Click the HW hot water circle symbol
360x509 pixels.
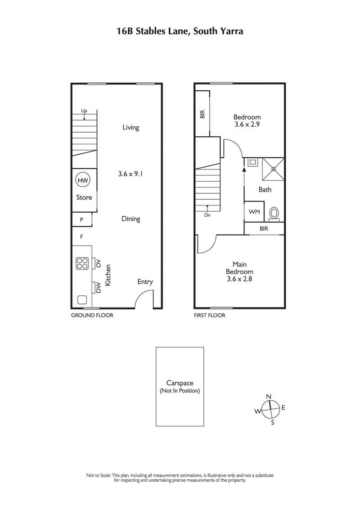click(x=82, y=180)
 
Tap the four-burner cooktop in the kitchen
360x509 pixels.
click(x=82, y=263)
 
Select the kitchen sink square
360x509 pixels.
click(x=82, y=299)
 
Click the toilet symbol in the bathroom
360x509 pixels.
click(x=273, y=213)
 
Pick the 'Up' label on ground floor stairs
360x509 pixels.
click(x=84, y=111)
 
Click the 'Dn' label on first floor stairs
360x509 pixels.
click(x=207, y=215)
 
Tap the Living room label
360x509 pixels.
click(x=131, y=127)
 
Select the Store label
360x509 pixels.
click(x=84, y=197)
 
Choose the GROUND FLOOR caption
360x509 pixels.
click(x=92, y=316)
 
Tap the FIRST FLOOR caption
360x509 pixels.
click(x=209, y=316)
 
